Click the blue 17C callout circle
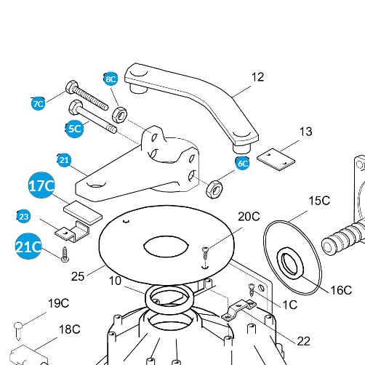pyautogui.click(x=41, y=185)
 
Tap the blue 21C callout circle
pyautogui.click(x=28, y=246)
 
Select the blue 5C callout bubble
pyautogui.click(x=74, y=129)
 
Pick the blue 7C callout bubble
pyautogui.click(x=39, y=103)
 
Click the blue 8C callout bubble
pyautogui.click(x=111, y=79)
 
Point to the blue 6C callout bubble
pyautogui.click(x=242, y=163)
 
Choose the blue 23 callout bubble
pyautogui.click(x=23, y=216)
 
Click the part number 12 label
pyautogui.click(x=257, y=77)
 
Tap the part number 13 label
pyautogui.click(x=306, y=132)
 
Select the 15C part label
pyautogui.click(x=319, y=201)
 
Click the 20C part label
pyautogui.click(x=249, y=217)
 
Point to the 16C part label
pyautogui.click(x=341, y=290)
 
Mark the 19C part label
pyautogui.click(x=58, y=303)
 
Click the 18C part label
pyautogui.click(x=70, y=329)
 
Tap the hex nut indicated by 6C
pyautogui.click(x=214, y=189)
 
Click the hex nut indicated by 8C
pyautogui.click(x=119, y=115)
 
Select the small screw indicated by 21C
pyautogui.click(x=65, y=254)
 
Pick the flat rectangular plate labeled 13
pyautogui.click(x=276, y=159)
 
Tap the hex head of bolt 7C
pyautogui.click(x=72, y=87)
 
